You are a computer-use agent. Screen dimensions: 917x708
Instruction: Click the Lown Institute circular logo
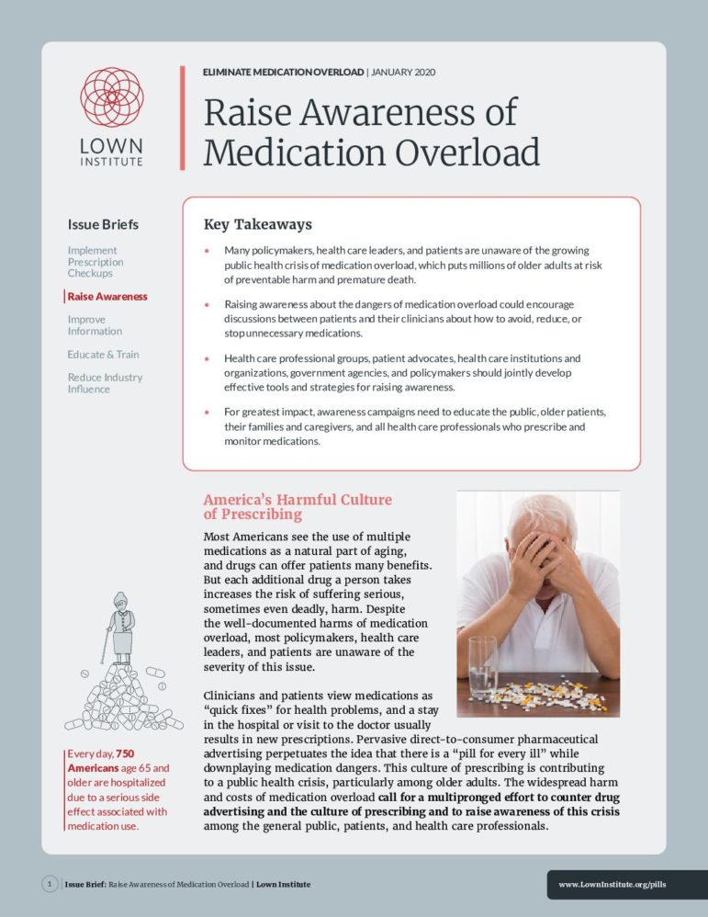(110, 96)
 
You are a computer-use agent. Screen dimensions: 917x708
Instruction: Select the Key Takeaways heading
(257, 224)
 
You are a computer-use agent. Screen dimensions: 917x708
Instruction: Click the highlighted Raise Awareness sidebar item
(107, 297)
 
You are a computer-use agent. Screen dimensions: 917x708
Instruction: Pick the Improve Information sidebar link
(95, 325)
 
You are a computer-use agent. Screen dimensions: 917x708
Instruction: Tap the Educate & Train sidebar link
(103, 355)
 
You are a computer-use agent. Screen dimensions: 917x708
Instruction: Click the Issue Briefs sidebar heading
(103, 224)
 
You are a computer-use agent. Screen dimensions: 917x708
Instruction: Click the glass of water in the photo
(483, 666)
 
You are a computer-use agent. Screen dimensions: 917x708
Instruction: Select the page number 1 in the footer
(50, 884)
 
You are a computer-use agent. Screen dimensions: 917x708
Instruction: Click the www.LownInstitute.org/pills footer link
(612, 885)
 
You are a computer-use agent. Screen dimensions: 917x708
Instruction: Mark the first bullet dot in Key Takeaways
(207, 251)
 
